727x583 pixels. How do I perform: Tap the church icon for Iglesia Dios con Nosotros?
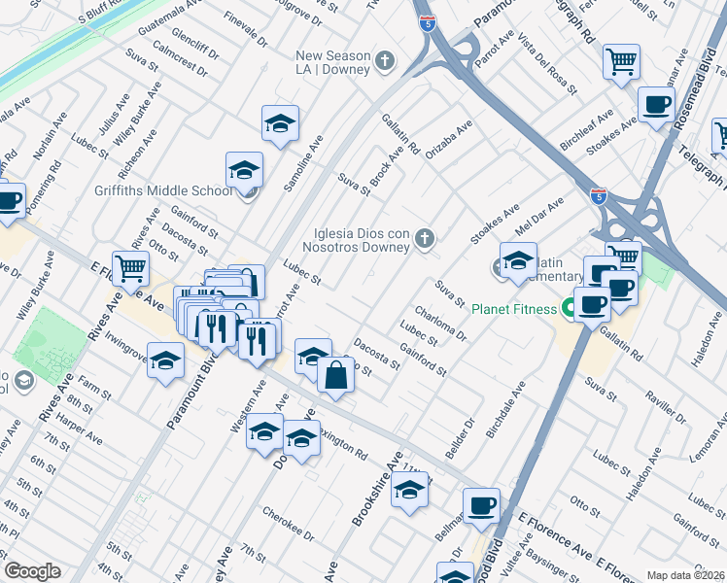(424, 239)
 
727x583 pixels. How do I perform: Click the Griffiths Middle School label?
(163, 190)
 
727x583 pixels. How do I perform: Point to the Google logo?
(32, 571)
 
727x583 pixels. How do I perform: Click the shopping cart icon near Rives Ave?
(130, 267)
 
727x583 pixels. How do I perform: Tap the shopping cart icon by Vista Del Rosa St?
(620, 60)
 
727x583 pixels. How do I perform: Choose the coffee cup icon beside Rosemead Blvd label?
(656, 103)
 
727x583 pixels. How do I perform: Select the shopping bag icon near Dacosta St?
(335, 375)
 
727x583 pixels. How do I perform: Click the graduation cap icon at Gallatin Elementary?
(518, 259)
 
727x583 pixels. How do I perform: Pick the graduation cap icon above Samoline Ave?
(279, 122)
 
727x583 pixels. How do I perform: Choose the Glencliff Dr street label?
(194, 47)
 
